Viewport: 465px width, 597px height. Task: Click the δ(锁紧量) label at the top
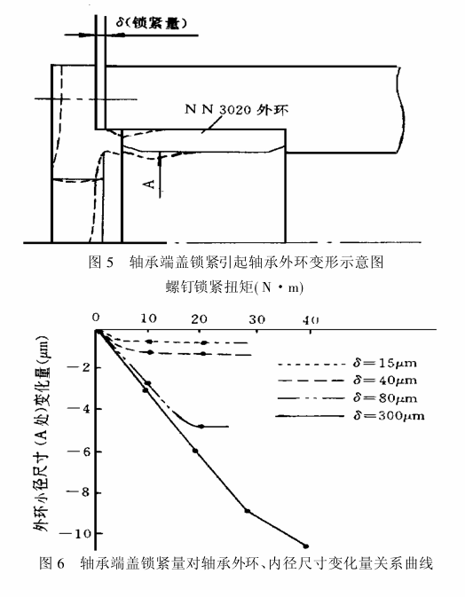click(x=151, y=24)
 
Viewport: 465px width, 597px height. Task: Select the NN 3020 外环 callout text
click(x=237, y=110)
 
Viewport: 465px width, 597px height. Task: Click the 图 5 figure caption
click(x=236, y=263)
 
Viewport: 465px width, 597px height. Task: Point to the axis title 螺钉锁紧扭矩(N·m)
click(x=235, y=287)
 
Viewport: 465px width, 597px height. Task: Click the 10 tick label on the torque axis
click(x=148, y=318)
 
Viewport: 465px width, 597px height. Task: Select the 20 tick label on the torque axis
click(x=199, y=319)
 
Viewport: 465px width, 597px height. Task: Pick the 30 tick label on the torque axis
click(x=256, y=319)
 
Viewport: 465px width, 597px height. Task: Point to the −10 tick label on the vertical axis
click(x=75, y=533)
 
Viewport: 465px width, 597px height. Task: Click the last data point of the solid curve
click(x=306, y=546)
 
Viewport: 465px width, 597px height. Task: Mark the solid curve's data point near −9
click(x=248, y=511)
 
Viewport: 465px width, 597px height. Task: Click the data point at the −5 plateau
click(x=201, y=427)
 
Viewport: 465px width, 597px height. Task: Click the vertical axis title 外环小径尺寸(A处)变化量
click(x=42, y=434)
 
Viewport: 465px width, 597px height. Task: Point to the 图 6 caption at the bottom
click(x=236, y=562)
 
